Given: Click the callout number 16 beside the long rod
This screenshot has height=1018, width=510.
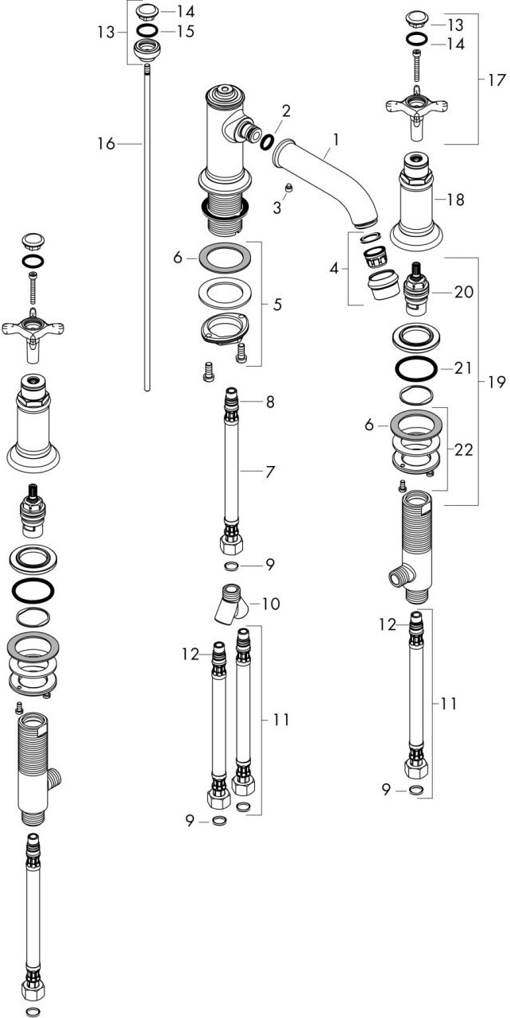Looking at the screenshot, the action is (x=106, y=144).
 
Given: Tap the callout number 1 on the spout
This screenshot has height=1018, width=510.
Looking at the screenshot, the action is (x=336, y=139).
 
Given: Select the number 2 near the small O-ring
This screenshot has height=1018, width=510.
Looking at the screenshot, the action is (x=285, y=111).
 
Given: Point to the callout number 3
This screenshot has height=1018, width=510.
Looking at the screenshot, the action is (x=276, y=208).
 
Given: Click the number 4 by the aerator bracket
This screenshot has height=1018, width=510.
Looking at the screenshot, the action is (x=334, y=269).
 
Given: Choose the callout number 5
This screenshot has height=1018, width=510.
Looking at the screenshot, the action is (x=276, y=304).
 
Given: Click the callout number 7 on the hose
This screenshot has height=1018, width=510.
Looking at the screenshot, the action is (x=270, y=472).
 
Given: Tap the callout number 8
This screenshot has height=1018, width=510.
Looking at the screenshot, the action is (x=270, y=402).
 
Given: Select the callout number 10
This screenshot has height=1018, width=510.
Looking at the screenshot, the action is (x=271, y=604).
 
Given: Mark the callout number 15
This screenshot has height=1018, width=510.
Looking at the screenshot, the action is (x=186, y=31).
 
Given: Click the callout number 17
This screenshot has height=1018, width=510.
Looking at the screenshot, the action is (x=496, y=80).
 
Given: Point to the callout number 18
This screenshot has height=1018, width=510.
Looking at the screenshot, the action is (x=455, y=200).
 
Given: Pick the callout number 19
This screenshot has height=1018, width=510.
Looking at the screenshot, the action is (x=496, y=383).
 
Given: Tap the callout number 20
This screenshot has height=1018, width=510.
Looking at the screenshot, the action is (x=464, y=292).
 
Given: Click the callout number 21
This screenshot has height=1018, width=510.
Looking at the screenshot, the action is (x=463, y=367).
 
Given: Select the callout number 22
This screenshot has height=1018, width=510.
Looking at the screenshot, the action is (x=463, y=450).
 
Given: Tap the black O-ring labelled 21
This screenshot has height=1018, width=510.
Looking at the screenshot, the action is (x=416, y=368).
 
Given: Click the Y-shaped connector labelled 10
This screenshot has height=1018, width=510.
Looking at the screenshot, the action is (x=231, y=604).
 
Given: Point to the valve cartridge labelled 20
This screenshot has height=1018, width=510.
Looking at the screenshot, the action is (x=416, y=289).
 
